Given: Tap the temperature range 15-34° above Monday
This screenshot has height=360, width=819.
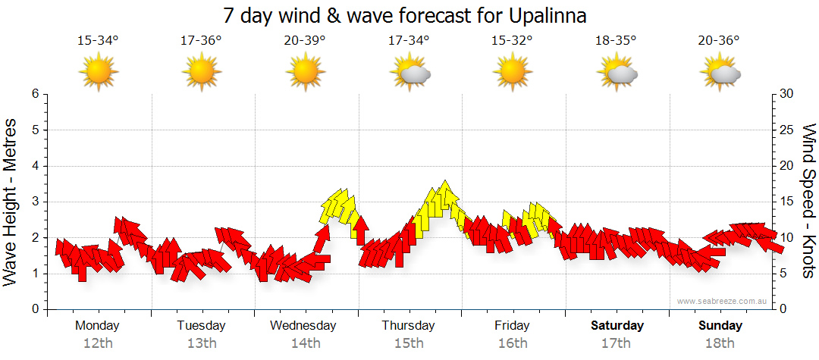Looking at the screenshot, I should tap(98, 41).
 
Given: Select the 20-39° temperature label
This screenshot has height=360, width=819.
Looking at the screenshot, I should tap(305, 41).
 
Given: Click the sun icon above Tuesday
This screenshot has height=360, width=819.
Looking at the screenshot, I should tap(202, 73).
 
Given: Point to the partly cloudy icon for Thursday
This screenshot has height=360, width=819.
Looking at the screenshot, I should tap(409, 73).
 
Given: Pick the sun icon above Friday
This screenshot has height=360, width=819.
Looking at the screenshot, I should tap(513, 73).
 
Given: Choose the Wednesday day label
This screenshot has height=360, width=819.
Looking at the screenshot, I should tap(303, 326).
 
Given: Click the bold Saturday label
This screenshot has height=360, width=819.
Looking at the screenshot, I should tap(617, 326).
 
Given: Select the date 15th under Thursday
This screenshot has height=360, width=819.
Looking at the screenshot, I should tap(409, 343).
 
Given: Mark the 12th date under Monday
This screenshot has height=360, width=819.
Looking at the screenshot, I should tap(98, 343).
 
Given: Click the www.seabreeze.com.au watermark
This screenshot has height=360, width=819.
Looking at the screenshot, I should tap(723, 301).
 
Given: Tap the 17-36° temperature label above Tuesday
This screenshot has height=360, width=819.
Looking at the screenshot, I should tap(201, 41).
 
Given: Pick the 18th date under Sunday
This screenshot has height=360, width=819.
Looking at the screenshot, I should tap(720, 343).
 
